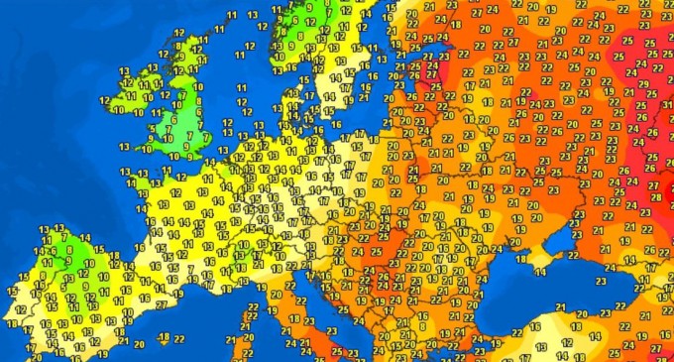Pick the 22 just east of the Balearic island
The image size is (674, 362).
[178, 340]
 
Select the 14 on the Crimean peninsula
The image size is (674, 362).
[540, 270]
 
